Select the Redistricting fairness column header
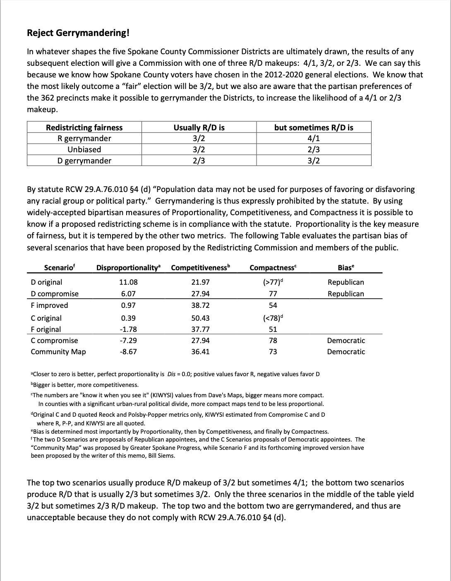pos(84,127)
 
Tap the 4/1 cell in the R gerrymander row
pos(314,139)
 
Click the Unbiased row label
pos(84,150)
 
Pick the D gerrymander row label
pos(84,161)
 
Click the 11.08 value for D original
pos(128,282)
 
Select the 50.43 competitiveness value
pos(200,318)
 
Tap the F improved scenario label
pos(49,305)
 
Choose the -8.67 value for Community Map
pos(128,352)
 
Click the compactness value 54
pos(273,305)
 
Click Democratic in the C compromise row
pos(346,341)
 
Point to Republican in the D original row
pos(346,282)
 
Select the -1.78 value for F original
pos(128,329)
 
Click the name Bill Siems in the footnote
pos(161,456)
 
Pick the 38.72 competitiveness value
pos(200,305)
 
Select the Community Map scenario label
pos(58,352)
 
